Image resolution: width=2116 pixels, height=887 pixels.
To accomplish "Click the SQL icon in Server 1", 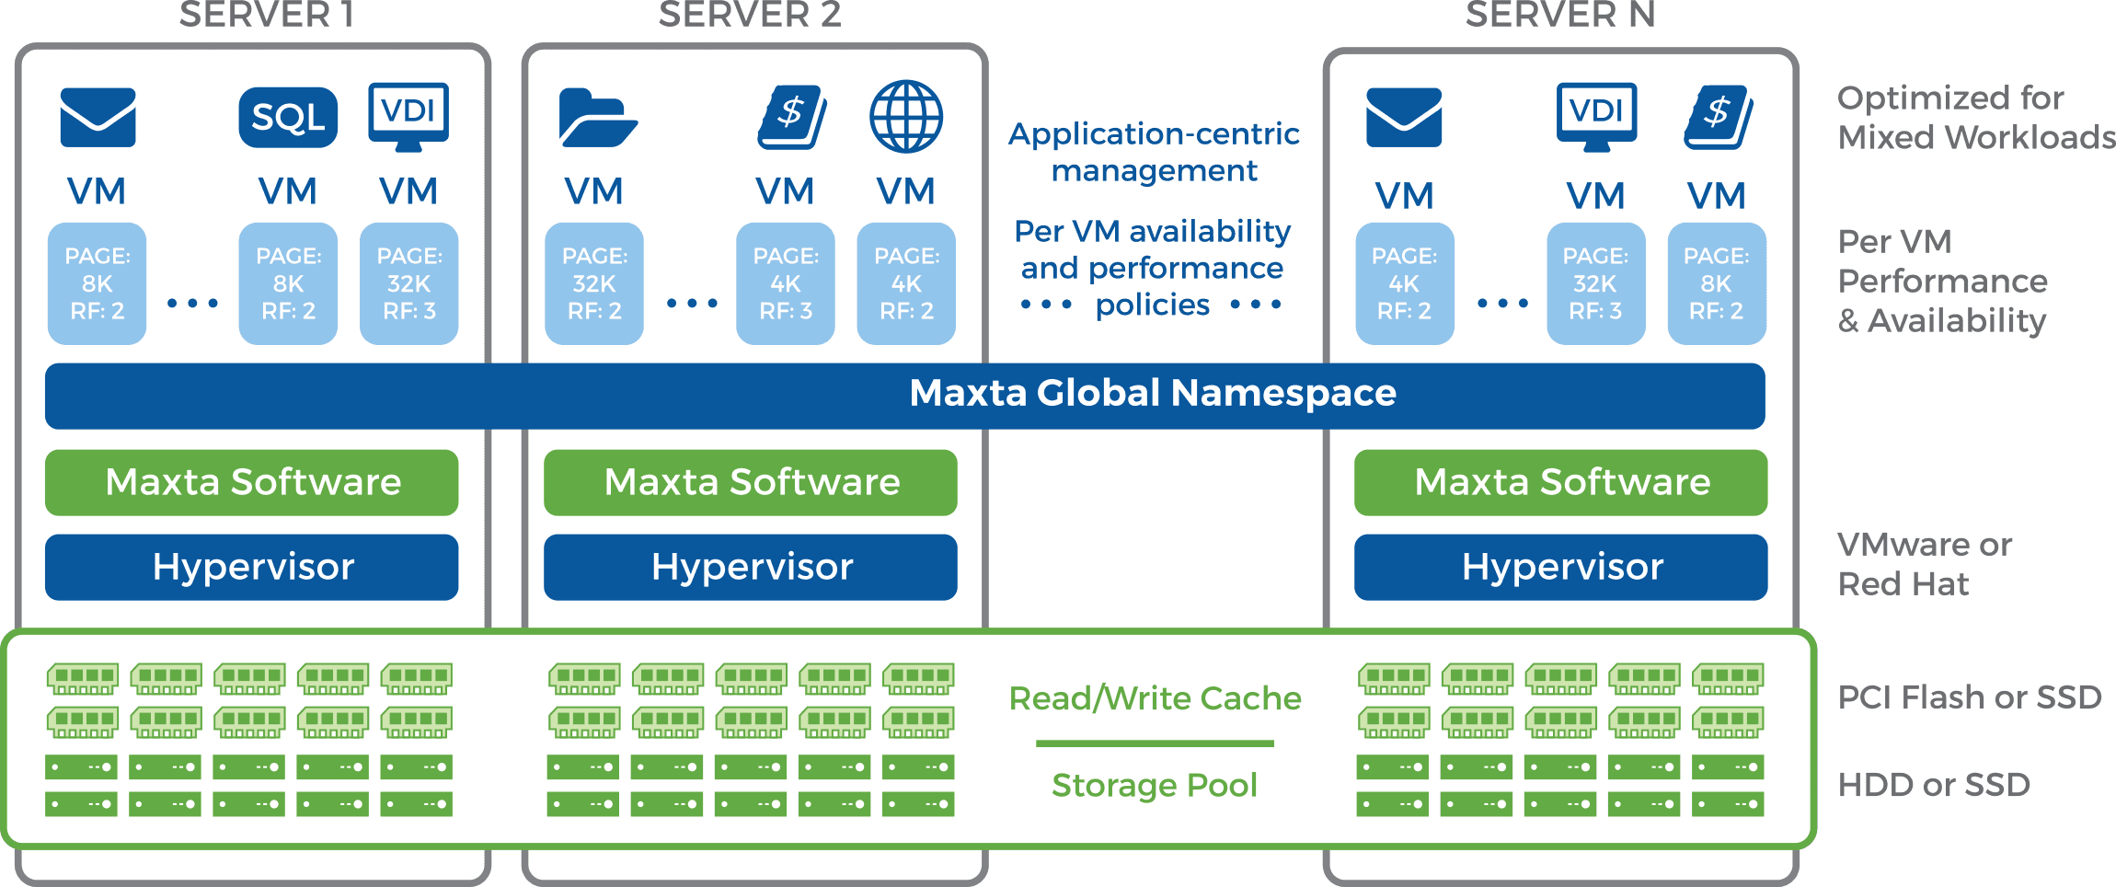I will (288, 118).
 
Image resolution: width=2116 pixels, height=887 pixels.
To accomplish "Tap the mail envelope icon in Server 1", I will (98, 118).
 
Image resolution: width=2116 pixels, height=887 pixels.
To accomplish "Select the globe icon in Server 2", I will (905, 117).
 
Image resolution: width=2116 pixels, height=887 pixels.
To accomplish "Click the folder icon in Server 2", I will (596, 118).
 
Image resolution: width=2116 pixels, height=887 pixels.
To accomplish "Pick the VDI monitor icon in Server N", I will (1596, 116).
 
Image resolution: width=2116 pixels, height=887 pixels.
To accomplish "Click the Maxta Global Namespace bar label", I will (1152, 394).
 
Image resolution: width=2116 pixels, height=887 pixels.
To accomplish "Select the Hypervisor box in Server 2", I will (751, 568).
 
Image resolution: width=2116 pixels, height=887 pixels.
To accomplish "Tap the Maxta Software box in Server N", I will (1560, 483).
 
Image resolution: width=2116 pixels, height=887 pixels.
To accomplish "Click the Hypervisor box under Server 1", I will (252, 568).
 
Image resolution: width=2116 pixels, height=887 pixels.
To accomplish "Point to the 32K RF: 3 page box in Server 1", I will (409, 283).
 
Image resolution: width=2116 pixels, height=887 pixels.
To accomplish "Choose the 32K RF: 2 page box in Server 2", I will (594, 283).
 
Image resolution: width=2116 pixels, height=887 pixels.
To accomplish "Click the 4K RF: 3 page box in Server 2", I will (785, 283).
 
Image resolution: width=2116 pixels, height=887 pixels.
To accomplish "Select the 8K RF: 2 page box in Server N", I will (1716, 283).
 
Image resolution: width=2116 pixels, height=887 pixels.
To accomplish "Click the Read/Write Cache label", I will (1155, 699).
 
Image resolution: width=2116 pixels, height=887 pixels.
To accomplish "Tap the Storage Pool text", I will (1154, 786).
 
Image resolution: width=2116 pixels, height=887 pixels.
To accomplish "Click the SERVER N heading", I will (1559, 15).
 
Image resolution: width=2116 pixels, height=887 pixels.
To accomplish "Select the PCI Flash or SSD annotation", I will (1969, 697).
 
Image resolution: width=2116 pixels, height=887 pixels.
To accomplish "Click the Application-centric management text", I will (1154, 152).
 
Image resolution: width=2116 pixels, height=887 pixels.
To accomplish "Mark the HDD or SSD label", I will (1933, 785).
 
